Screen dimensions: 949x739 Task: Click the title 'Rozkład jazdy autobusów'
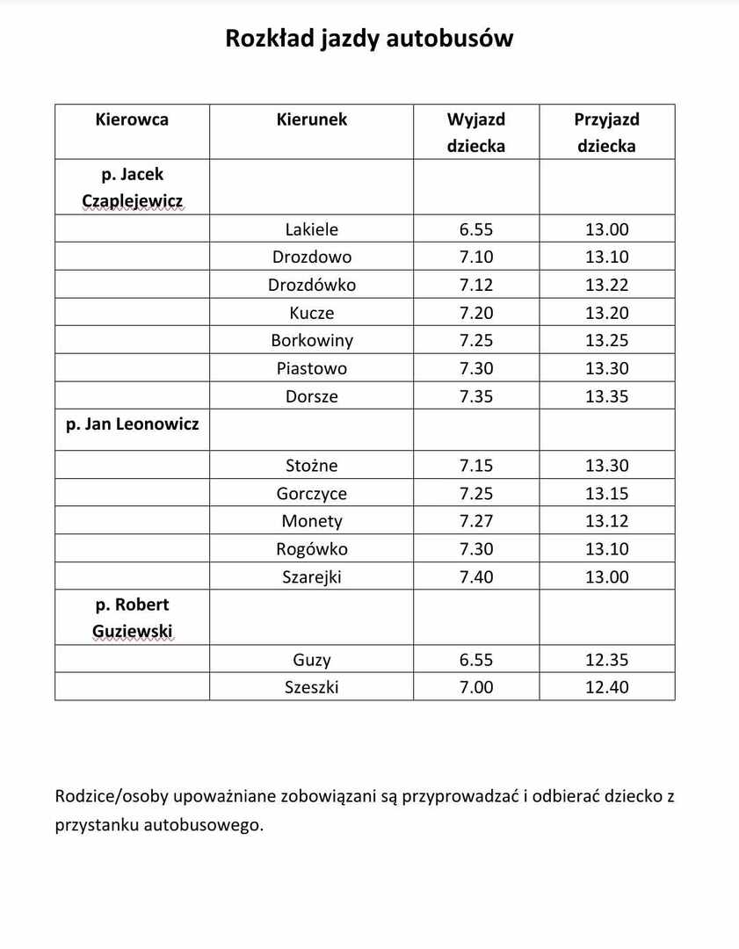(369, 39)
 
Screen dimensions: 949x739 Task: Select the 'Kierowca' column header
(132, 120)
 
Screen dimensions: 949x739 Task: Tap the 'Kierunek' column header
(311, 120)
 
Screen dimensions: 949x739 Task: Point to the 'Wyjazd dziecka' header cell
(475, 133)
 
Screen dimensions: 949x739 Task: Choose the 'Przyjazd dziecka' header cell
(606, 133)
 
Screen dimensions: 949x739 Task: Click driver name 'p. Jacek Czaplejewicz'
(132, 187)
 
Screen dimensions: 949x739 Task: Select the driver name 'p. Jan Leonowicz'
(132, 424)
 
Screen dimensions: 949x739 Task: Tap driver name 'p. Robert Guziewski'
(132, 618)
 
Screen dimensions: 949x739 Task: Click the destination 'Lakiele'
(311, 229)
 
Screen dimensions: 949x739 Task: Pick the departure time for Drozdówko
(475, 285)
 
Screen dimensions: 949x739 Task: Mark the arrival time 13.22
(606, 285)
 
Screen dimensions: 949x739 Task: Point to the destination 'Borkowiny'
(311, 340)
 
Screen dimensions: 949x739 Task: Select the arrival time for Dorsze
(606, 396)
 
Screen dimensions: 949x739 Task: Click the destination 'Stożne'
(311, 466)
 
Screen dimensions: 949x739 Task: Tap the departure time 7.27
(475, 521)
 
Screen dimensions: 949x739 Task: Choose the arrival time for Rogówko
(606, 549)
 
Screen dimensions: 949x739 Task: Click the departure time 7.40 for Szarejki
(475, 576)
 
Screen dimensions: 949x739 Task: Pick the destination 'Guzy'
(311, 660)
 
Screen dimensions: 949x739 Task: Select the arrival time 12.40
(606, 687)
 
